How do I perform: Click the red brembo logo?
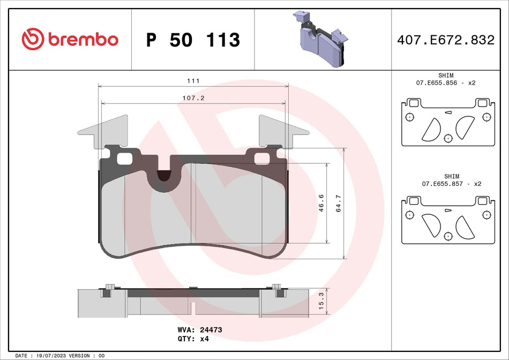70,39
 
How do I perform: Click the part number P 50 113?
193,40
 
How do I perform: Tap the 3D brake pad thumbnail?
319,39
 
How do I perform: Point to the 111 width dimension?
193,80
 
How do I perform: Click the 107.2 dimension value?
193,99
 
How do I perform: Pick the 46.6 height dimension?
321,204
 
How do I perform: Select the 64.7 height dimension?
338,204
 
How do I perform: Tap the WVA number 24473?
211,330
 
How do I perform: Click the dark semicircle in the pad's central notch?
164,175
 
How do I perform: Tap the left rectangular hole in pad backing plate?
124,158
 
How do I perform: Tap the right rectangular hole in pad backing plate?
262,158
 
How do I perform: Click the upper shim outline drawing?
447,122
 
